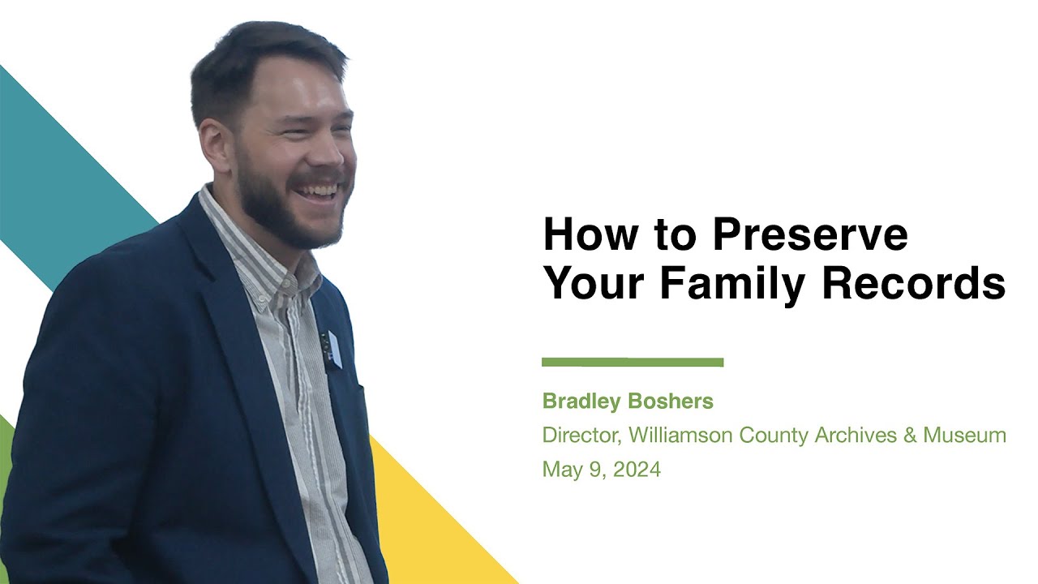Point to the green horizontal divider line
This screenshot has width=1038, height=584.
click(633, 363)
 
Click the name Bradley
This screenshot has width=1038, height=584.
click(580, 401)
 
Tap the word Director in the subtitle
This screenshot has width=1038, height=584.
click(581, 436)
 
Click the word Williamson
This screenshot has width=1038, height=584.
click(680, 436)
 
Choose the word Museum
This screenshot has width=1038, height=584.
click(964, 436)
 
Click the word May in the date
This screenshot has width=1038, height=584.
click(560, 470)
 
